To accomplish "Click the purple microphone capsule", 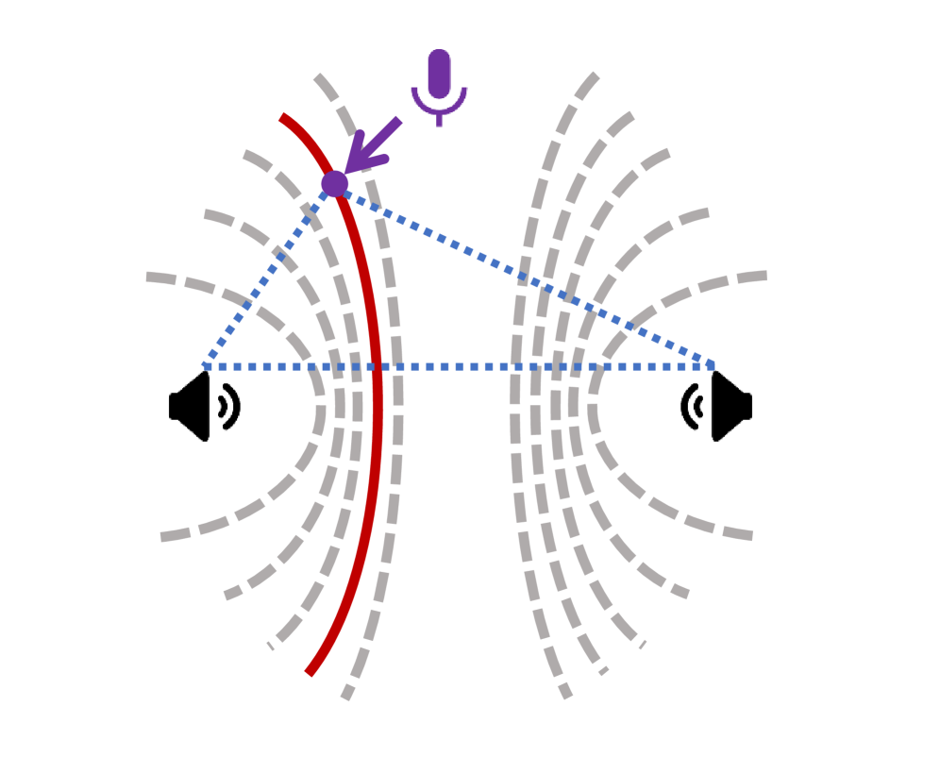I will coord(439,74).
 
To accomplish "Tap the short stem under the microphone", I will coord(439,121).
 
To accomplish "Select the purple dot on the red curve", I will coord(334,183).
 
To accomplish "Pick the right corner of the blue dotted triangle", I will coord(713,365).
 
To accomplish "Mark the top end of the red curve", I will coord(282,117).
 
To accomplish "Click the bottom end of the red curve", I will coord(309,673).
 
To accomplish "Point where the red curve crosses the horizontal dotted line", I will coord(377,365).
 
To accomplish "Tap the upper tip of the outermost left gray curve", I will coord(148,277).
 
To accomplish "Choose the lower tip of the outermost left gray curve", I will coord(162,537).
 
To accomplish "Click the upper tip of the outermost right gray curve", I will coord(765,276).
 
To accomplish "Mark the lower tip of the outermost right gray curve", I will coord(751,536).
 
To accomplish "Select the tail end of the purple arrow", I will coord(399,120).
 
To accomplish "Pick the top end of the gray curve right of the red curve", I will coord(317,76).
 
